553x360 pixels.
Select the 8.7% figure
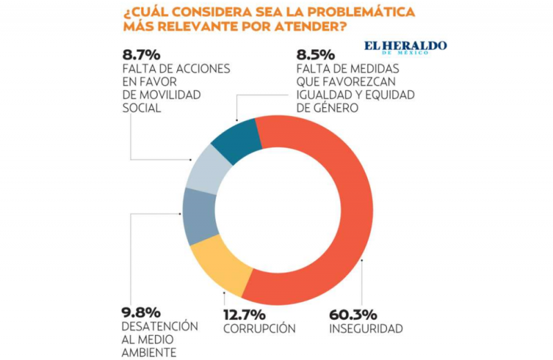(x=142, y=54)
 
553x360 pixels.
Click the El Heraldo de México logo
(x=406, y=47)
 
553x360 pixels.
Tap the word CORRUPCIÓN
(x=259, y=328)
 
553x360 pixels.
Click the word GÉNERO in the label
(x=337, y=108)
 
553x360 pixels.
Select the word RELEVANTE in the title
(x=195, y=27)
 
